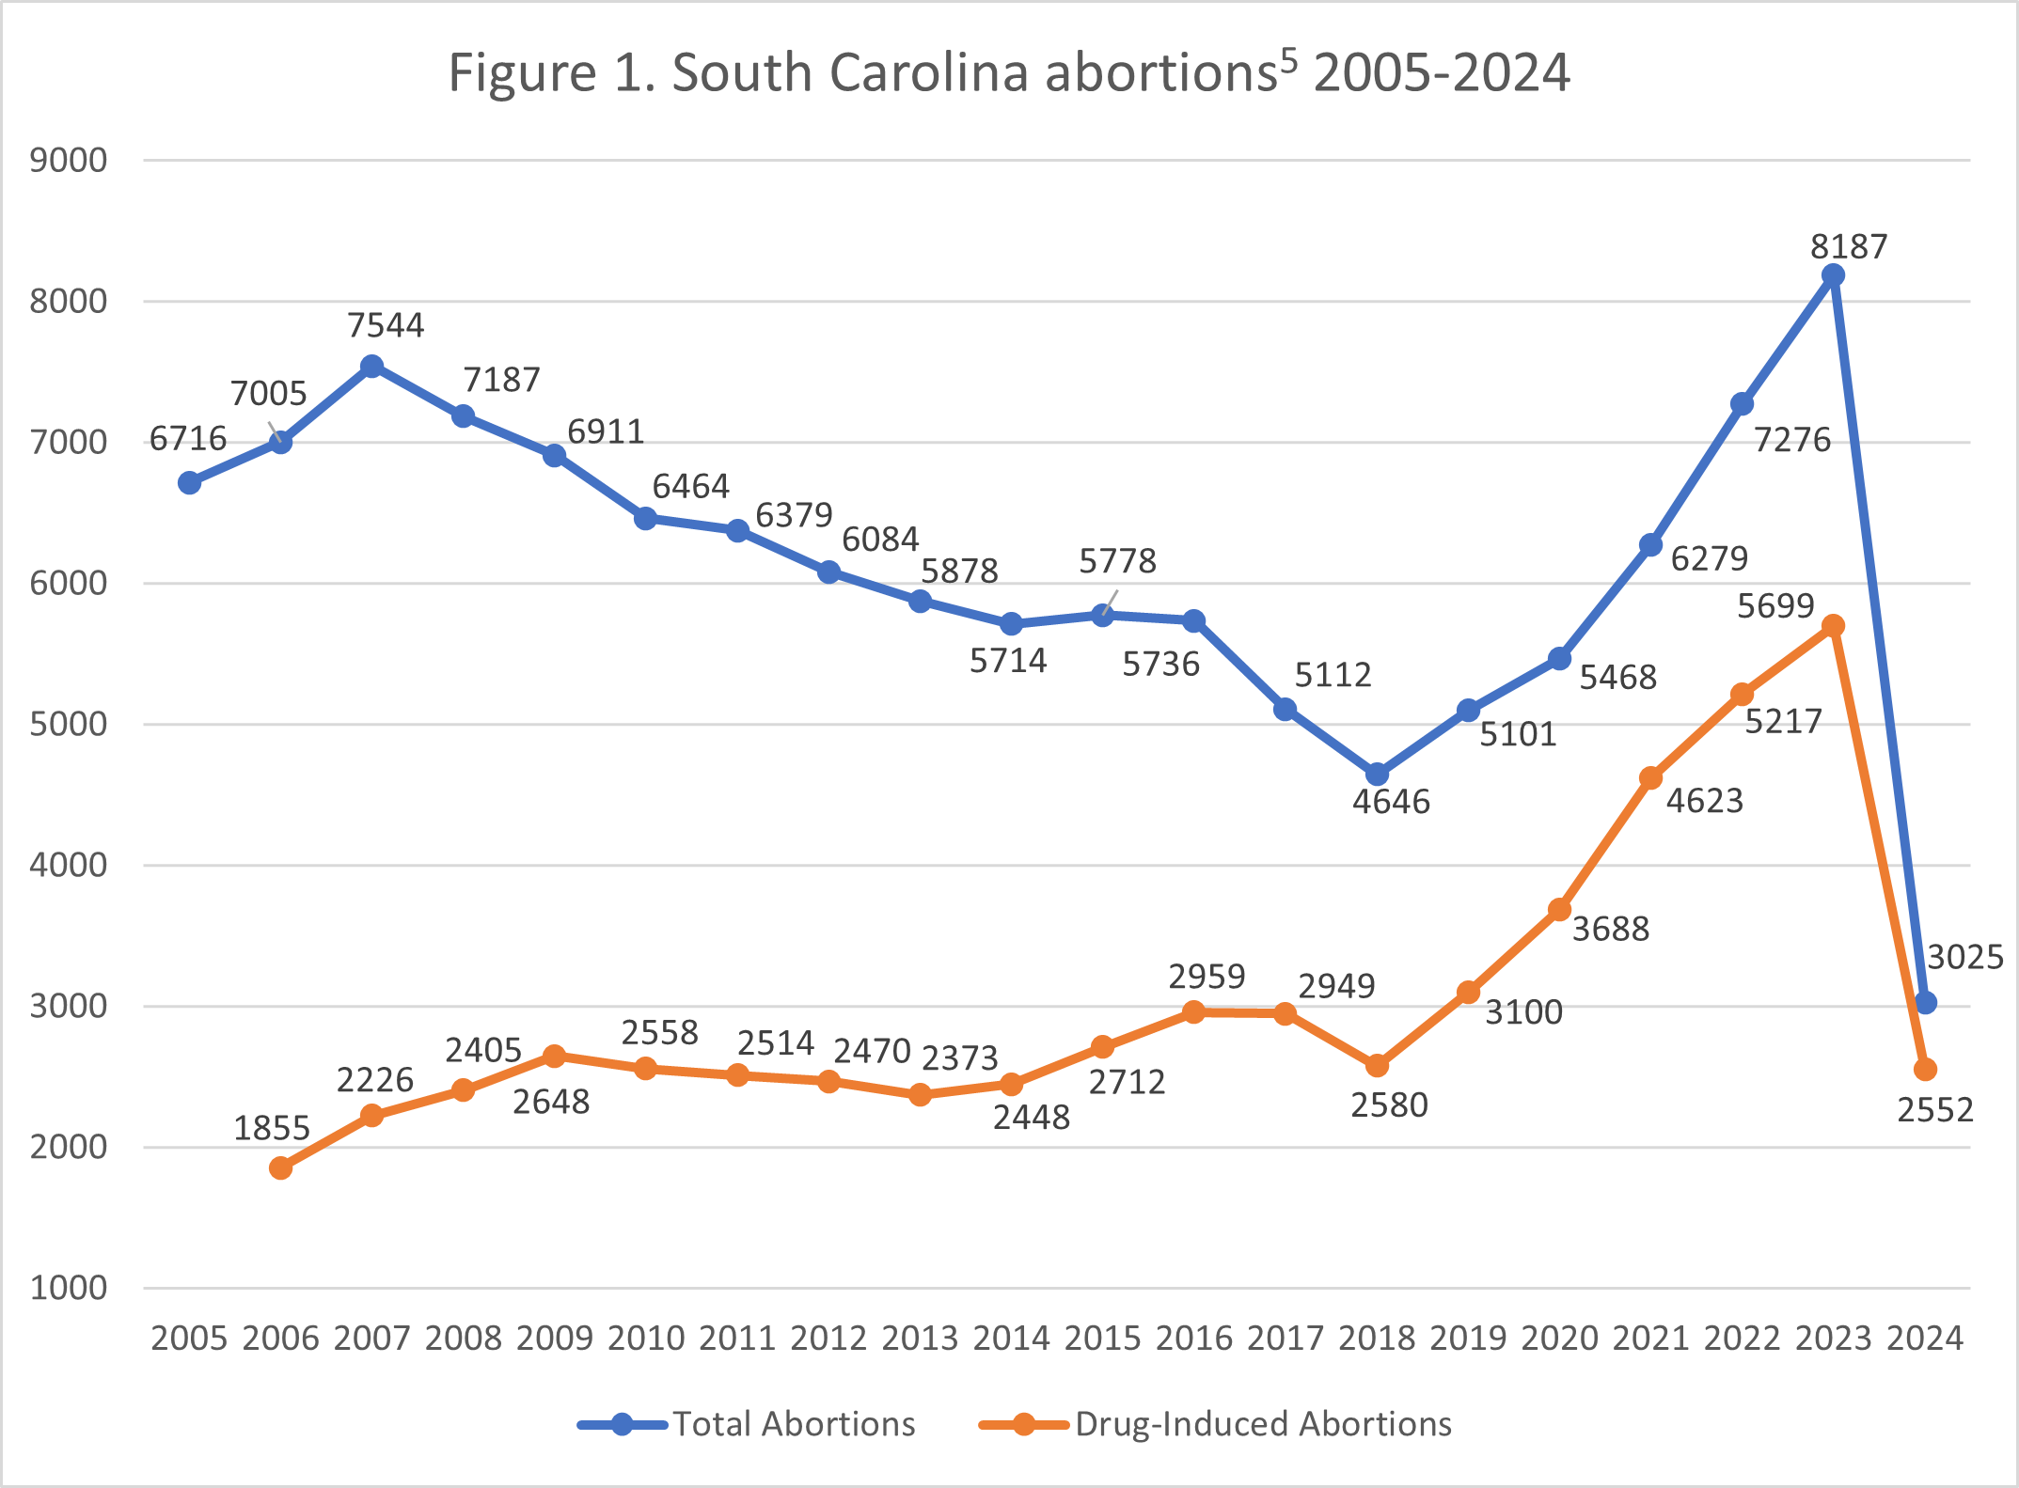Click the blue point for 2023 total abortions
tap(1833, 275)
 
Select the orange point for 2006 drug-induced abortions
tap(280, 1168)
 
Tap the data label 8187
tap(1849, 246)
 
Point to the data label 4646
tap(1391, 802)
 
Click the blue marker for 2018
tap(1377, 775)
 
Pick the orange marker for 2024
tap(1925, 1070)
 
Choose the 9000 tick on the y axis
tap(69, 161)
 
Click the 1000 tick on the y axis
tap(69, 1288)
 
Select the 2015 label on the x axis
tap(1102, 1338)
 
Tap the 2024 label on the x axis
tap(1925, 1338)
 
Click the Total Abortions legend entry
tap(793, 1424)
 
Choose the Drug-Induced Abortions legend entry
tap(1263, 1424)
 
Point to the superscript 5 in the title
tap(1287, 60)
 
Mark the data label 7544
tap(386, 325)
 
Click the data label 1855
tap(272, 1128)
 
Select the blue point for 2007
tap(371, 366)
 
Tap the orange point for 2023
tap(1833, 626)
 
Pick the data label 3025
tap(1965, 957)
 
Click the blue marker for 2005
tap(189, 483)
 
